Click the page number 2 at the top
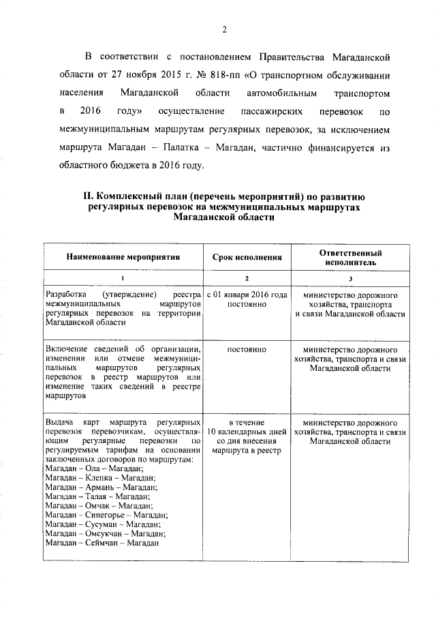(223, 29)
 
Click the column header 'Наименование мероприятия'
(123, 257)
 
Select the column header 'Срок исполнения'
(246, 257)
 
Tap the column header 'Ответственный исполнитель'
(349, 257)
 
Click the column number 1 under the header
(123, 278)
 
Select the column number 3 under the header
(350, 278)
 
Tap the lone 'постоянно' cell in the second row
(246, 349)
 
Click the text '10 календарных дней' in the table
(246, 432)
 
